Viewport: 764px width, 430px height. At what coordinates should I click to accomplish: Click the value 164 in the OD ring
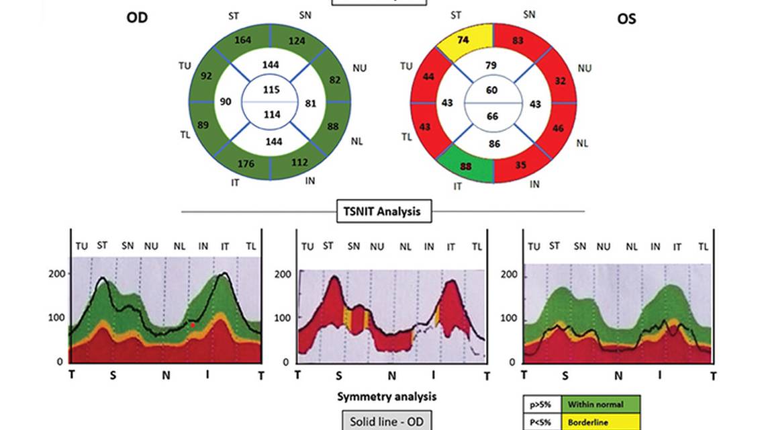(243, 40)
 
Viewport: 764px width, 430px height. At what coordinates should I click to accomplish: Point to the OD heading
(137, 18)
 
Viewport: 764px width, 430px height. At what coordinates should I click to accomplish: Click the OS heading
(626, 19)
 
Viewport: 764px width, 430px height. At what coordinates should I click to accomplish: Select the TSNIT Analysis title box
(383, 211)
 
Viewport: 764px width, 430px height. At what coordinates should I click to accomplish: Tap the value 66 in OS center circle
(493, 117)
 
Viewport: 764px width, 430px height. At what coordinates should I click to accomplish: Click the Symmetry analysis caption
(386, 396)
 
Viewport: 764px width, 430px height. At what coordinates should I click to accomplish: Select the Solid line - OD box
(383, 421)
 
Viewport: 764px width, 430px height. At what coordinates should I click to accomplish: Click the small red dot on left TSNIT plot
(192, 325)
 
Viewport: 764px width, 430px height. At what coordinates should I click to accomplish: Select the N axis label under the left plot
(165, 375)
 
